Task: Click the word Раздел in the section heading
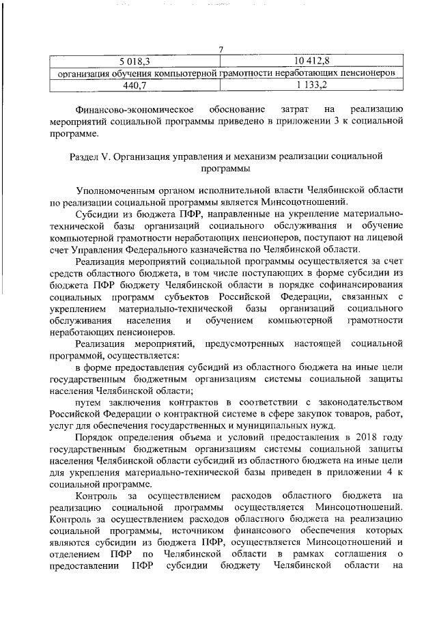pos(85,156)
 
